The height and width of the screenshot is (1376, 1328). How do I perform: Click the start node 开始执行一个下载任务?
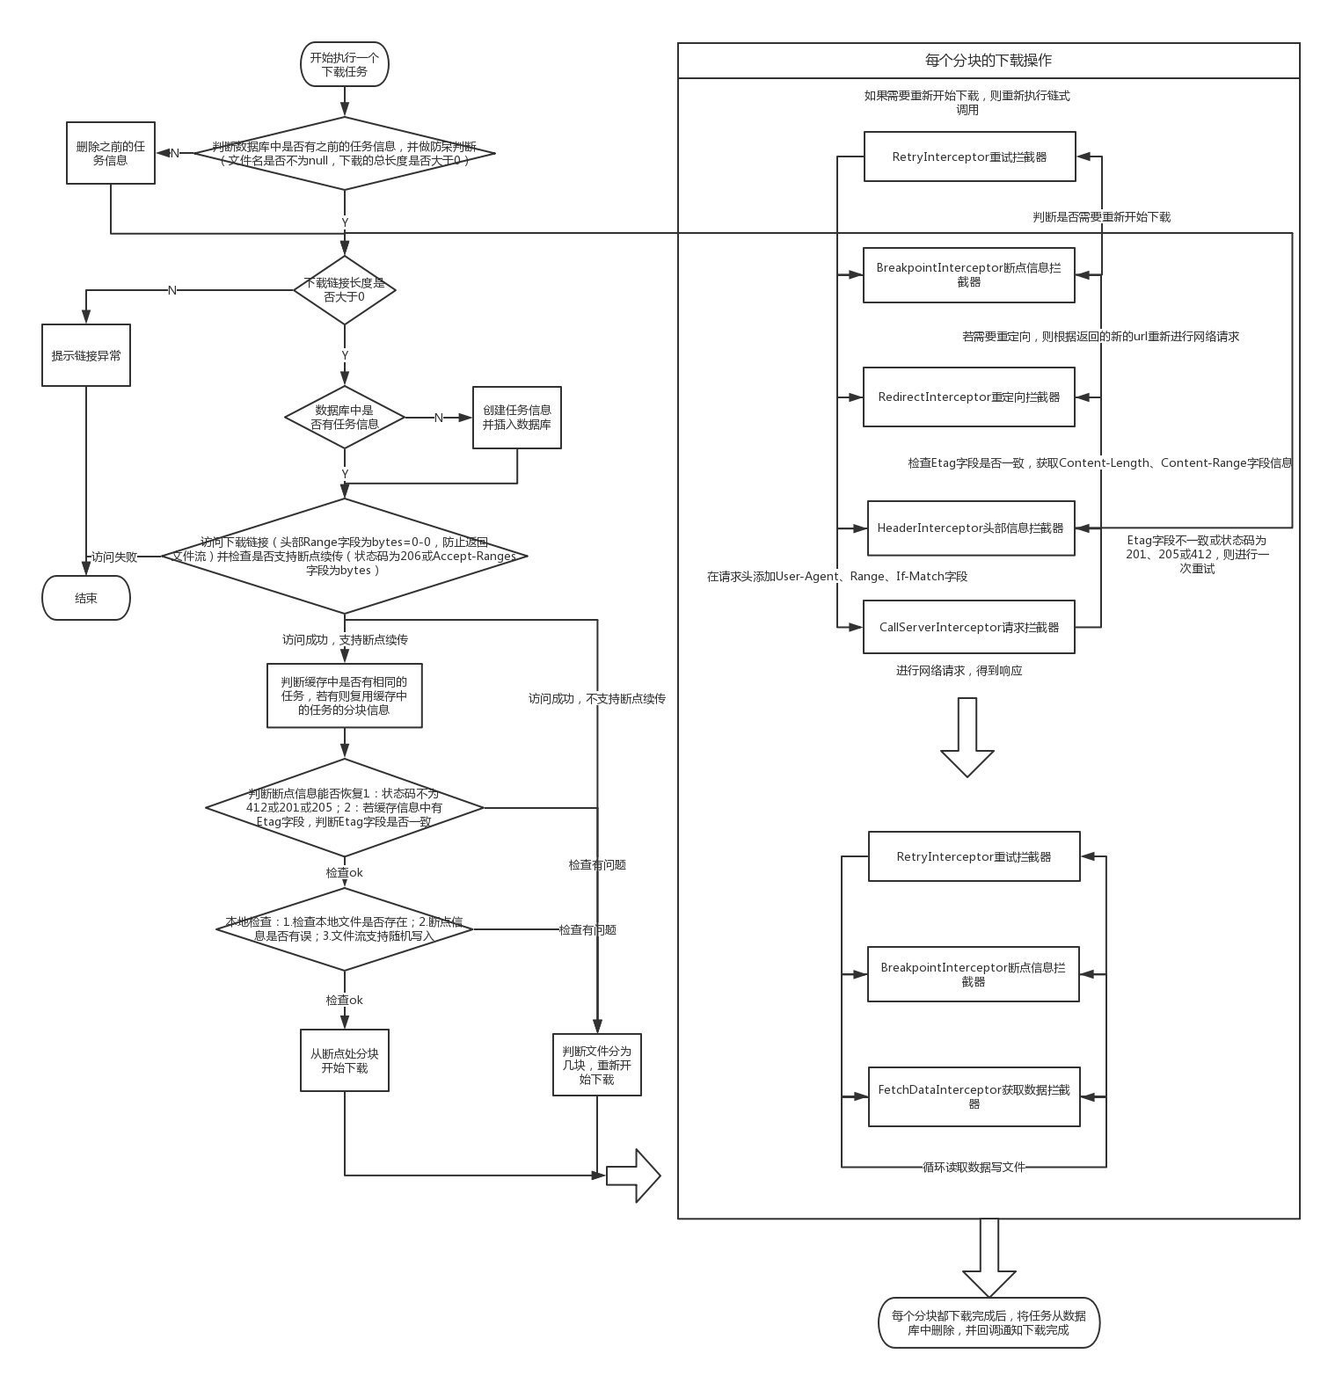click(345, 64)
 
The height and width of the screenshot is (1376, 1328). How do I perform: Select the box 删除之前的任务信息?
click(111, 153)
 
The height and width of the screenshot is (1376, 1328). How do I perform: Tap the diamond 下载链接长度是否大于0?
click(345, 290)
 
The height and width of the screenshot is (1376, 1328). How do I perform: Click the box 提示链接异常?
click(86, 355)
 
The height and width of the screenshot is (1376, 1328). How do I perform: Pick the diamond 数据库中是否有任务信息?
click(345, 417)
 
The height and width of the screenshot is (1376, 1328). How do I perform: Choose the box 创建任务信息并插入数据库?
click(517, 418)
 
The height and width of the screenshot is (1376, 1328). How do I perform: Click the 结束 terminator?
click(86, 598)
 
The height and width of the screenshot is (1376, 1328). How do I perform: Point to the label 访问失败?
click(114, 557)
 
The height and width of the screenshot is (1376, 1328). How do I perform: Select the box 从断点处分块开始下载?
click(345, 1060)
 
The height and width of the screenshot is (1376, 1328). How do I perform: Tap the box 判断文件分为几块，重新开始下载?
click(597, 1065)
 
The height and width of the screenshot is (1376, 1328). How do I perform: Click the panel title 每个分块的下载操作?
click(989, 61)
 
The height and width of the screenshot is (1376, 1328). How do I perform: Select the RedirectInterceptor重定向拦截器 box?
click(969, 397)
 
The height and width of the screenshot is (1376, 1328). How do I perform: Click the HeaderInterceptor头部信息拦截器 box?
click(971, 528)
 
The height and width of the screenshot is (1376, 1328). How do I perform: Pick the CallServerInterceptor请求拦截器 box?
click(969, 627)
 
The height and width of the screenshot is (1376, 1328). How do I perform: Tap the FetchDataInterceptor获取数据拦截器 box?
click(974, 1096)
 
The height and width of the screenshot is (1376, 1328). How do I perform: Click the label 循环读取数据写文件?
click(974, 1167)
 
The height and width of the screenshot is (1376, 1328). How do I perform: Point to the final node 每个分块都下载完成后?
click(989, 1322)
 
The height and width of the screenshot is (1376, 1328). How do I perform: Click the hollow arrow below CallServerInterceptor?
click(967, 737)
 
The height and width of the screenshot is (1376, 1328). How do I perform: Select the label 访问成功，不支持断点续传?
click(597, 699)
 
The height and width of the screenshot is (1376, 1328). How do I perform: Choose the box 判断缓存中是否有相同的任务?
click(345, 695)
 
